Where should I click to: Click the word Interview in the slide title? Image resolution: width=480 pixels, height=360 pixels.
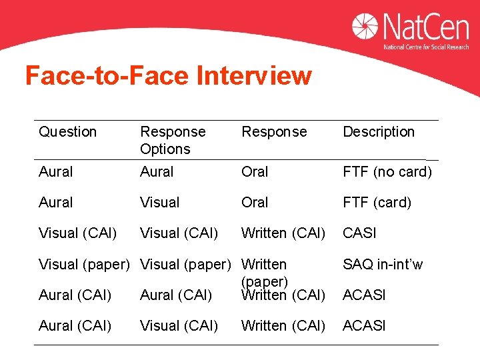254,76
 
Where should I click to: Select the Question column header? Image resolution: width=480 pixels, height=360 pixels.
67,132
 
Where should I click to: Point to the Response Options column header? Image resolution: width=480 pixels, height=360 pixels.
173,140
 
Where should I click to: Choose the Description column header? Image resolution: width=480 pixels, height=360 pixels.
379,132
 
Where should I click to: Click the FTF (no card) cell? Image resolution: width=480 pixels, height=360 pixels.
387,172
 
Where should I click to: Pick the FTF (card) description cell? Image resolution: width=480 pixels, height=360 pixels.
377,203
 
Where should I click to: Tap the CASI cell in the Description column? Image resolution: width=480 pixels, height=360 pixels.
359,233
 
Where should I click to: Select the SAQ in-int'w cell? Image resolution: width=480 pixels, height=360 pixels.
383,265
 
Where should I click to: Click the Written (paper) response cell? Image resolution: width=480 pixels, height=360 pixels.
264,273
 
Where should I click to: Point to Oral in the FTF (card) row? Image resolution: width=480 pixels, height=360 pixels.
255,203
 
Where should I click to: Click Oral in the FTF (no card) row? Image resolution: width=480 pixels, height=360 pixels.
255,172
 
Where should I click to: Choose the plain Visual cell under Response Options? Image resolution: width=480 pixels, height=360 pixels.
160,203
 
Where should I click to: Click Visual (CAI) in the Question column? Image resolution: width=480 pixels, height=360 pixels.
77,233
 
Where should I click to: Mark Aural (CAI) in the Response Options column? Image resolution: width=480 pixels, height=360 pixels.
176,295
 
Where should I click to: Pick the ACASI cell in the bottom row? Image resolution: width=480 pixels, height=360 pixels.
364,326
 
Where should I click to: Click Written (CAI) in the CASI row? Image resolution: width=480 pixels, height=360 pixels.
283,233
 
